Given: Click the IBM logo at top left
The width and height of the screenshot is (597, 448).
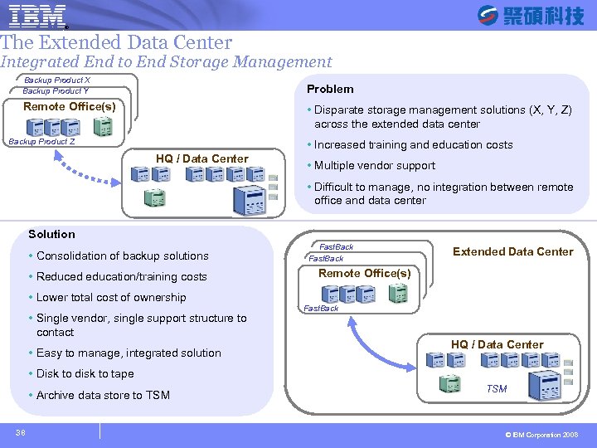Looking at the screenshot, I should (x=38, y=15).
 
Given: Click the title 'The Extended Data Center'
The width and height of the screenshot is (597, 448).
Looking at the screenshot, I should (x=116, y=42).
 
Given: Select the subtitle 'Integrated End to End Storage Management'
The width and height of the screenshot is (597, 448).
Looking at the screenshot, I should (x=166, y=61).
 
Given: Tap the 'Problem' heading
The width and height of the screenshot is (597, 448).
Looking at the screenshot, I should (x=330, y=89).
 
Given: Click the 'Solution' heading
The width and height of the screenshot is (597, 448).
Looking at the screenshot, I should (x=51, y=235).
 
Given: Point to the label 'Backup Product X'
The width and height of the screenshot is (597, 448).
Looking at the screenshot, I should (x=57, y=80).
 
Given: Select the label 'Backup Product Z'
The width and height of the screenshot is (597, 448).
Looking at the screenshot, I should (x=41, y=142).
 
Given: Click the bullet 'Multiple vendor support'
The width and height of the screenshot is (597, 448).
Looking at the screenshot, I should (x=374, y=166).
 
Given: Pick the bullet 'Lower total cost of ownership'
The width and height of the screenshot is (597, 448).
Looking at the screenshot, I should (x=111, y=298).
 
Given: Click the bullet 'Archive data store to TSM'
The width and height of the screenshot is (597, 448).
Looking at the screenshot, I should (x=103, y=396).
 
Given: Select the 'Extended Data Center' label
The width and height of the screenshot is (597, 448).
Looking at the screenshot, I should (x=512, y=251).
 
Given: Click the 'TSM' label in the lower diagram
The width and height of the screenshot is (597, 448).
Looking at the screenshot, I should (x=497, y=389).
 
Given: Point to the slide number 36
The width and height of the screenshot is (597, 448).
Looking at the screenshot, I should (x=20, y=431).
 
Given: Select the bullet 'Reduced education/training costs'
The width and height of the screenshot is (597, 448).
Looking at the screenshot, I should (x=121, y=277).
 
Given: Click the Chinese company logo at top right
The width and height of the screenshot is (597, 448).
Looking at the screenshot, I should (x=531, y=15).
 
